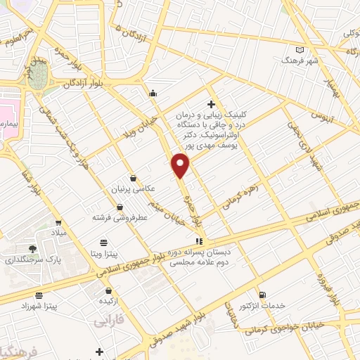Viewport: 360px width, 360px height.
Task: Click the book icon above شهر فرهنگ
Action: point(300,49)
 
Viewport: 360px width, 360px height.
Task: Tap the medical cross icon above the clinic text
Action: point(211,103)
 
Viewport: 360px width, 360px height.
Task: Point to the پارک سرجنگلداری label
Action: point(31,259)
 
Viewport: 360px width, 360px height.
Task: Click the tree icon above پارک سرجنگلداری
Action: point(32,248)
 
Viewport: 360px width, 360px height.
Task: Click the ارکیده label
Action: point(108,301)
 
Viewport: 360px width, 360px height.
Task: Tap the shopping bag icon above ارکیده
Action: point(108,290)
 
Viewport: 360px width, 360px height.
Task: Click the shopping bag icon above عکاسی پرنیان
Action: point(133,179)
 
